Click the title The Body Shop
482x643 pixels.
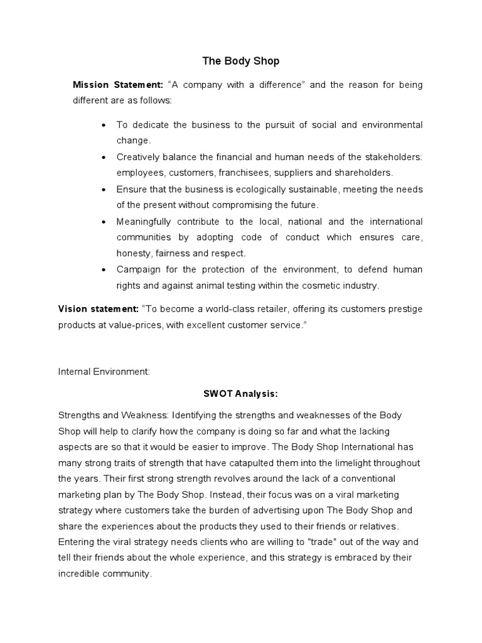click(241, 61)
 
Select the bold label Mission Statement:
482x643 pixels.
click(118, 85)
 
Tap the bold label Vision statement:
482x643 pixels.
click(98, 309)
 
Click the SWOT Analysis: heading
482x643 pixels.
click(240, 394)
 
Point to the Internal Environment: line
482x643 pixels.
click(104, 372)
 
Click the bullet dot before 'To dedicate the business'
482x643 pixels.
click(103, 126)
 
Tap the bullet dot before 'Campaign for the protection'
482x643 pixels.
click(103, 270)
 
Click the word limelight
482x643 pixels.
click(366, 463)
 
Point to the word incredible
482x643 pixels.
click(80, 574)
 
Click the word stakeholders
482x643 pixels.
click(394, 157)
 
